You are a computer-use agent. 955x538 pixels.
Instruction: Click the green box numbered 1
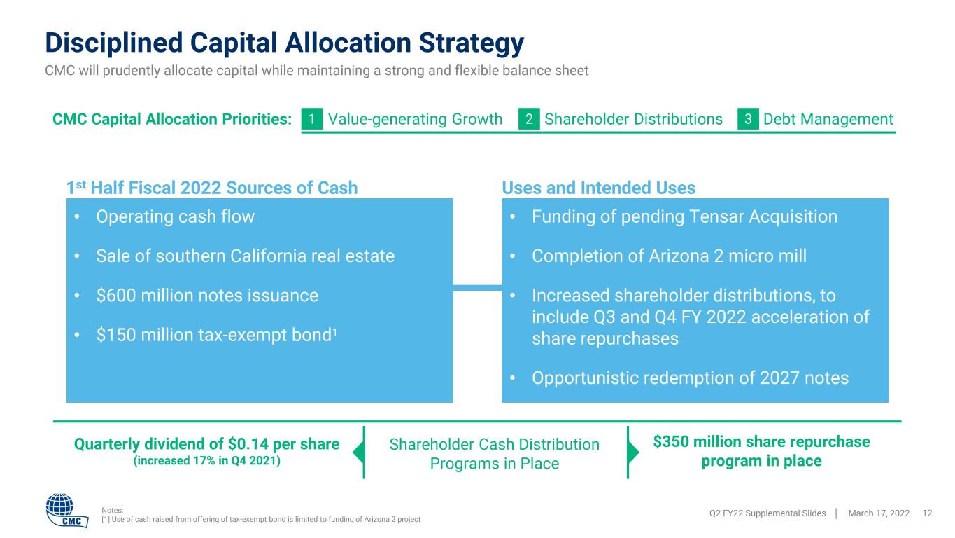point(311,118)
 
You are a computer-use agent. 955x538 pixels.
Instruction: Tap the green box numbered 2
point(529,118)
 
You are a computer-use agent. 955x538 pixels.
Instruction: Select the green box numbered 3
point(748,118)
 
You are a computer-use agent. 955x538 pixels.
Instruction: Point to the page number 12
point(927,513)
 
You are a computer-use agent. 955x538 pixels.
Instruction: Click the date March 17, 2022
point(879,513)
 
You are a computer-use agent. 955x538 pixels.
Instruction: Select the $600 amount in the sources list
point(116,296)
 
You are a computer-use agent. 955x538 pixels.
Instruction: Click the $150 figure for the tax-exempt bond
point(116,335)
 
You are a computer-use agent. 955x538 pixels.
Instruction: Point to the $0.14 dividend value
point(248,444)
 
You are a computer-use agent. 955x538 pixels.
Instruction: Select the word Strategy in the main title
point(471,43)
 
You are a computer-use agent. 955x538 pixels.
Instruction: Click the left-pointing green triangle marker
point(358,452)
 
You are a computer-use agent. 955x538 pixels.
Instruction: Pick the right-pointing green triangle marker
point(634,452)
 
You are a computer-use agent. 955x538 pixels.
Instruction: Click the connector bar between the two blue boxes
point(477,288)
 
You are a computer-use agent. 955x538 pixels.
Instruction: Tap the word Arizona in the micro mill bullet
point(679,256)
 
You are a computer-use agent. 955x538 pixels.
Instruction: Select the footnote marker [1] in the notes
point(106,520)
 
